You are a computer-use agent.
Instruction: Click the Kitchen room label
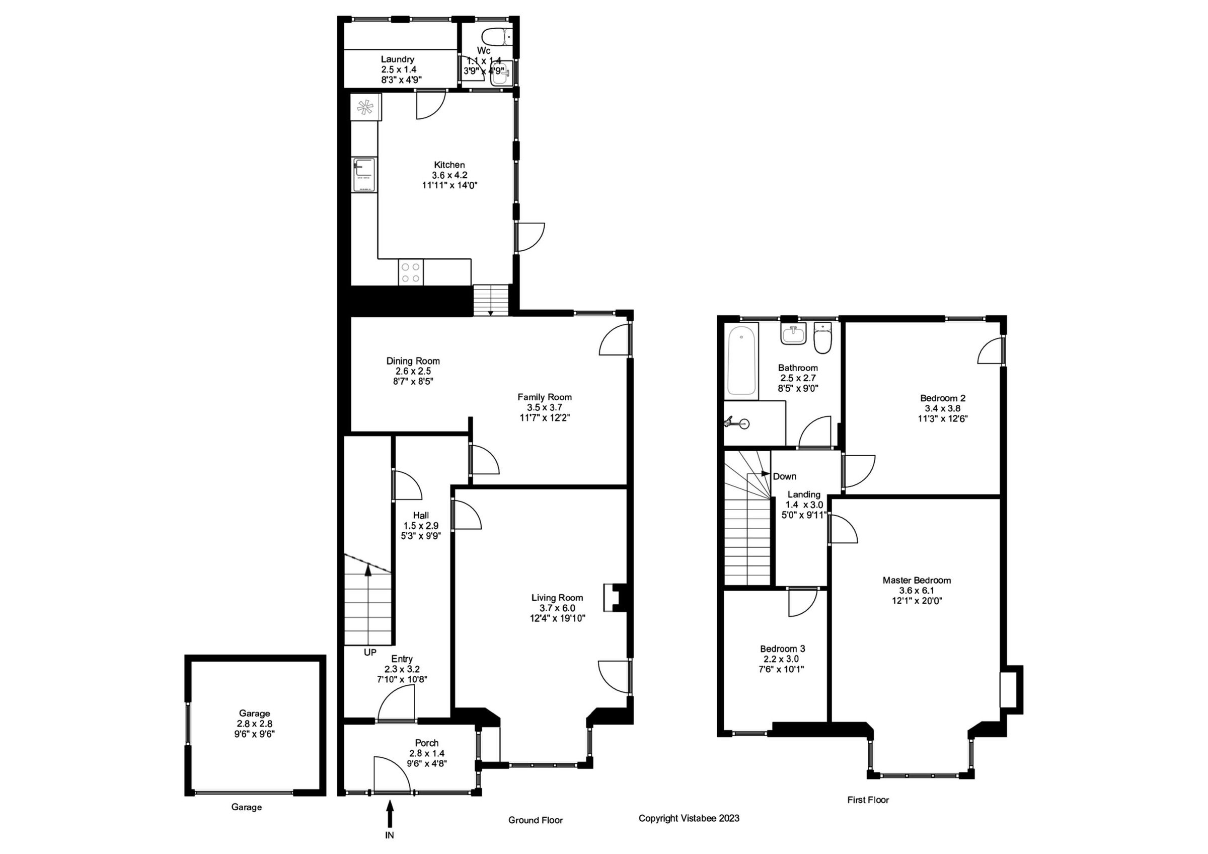[x=449, y=165]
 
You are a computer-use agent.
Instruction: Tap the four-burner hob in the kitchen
[x=410, y=272]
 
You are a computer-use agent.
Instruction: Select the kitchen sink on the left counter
[x=364, y=174]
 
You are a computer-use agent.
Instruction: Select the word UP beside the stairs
[x=370, y=653]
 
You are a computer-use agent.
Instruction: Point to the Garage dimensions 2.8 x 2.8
[x=255, y=724]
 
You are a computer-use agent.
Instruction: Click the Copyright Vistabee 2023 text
[x=689, y=818]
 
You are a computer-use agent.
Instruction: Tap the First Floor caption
[x=868, y=800]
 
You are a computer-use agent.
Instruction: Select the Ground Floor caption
[x=535, y=820]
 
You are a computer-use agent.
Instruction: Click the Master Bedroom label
[x=917, y=581]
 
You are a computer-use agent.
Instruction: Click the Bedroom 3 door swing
[x=802, y=603]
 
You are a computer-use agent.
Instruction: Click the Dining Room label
[x=413, y=361]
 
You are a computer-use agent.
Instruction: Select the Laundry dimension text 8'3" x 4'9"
[x=402, y=80]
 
